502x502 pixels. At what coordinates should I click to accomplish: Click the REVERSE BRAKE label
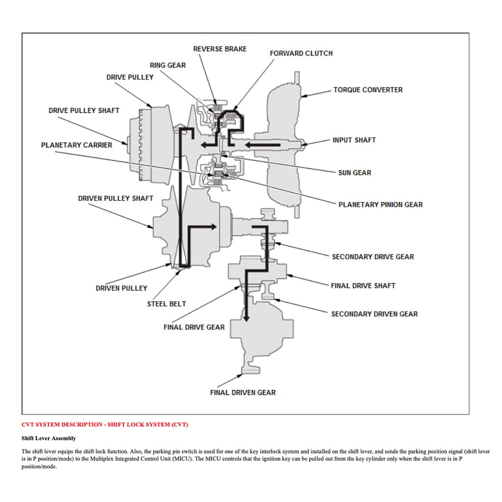pos(220,49)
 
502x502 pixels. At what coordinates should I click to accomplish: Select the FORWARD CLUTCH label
pos(301,53)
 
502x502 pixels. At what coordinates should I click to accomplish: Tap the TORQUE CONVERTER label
pos(368,90)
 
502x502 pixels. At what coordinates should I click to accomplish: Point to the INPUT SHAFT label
pos(354,140)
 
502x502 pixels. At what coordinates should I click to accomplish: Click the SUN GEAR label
pos(354,173)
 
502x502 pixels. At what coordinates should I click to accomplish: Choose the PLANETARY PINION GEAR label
pos(380,204)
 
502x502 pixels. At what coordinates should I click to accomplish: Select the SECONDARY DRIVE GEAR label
pos(373,257)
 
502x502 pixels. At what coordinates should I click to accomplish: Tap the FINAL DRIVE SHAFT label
pos(363,286)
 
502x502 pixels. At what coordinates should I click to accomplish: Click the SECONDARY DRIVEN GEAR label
pos(375,314)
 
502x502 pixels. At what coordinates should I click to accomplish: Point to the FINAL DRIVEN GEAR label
pos(243,393)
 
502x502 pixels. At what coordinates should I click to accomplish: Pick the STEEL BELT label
pos(167,304)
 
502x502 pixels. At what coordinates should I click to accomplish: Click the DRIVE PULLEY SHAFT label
pos(84,110)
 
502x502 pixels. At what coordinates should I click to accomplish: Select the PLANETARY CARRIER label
pos(76,145)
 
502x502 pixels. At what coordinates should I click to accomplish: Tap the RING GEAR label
pos(168,65)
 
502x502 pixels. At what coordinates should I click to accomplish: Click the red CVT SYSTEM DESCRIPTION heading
pos(104,425)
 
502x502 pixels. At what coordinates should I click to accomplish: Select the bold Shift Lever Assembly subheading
pos(49,438)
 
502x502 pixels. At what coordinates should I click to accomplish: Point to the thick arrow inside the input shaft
pos(262,145)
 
